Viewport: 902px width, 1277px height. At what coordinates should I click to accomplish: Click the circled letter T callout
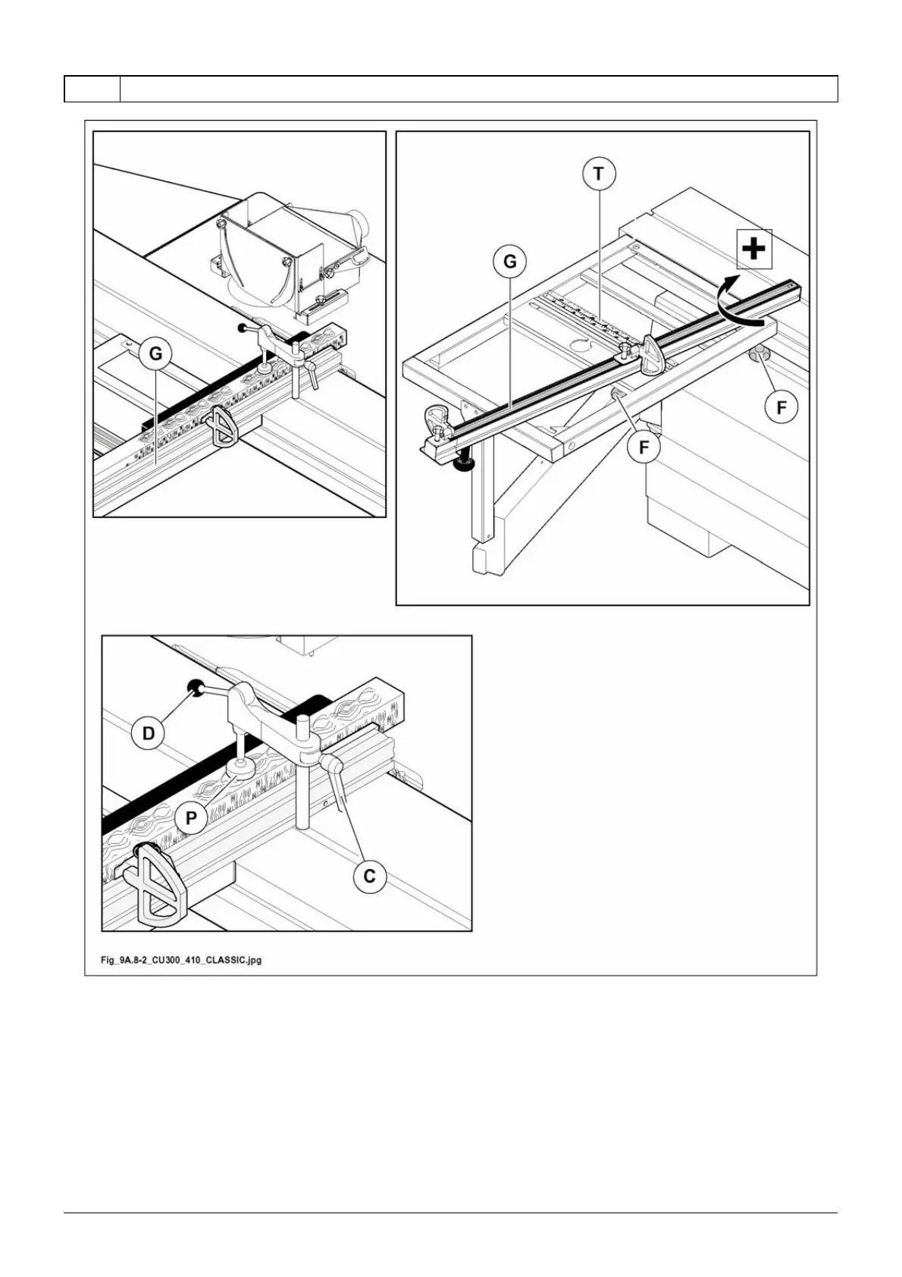tap(599, 174)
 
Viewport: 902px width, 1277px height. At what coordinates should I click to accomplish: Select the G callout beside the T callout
tap(510, 262)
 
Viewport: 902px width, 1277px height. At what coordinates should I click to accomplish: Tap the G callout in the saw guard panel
tap(155, 353)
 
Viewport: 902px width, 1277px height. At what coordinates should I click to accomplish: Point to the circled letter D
tap(149, 733)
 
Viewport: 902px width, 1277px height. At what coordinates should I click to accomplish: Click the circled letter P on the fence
tap(191, 818)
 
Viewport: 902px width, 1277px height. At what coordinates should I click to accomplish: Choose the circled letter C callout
tap(370, 876)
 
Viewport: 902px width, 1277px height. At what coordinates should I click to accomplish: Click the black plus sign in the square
tap(754, 249)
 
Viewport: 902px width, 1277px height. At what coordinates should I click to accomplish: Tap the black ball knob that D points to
tap(196, 688)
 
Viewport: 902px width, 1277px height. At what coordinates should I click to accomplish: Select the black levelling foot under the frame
tap(462, 465)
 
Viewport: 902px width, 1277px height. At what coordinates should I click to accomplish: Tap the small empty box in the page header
tap(92, 89)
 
